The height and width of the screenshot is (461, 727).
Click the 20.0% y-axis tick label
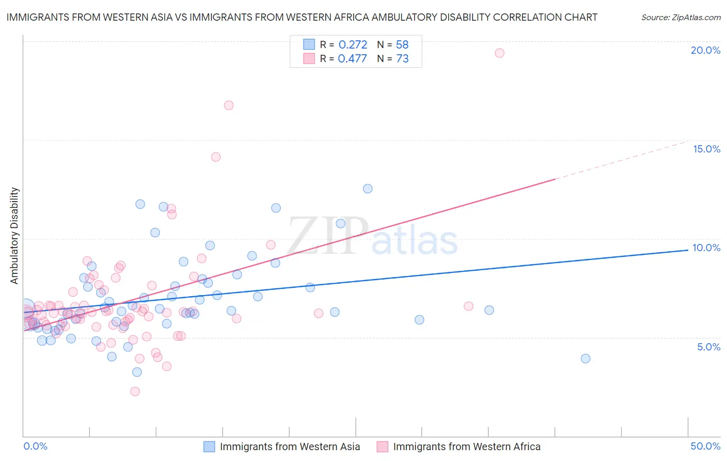[x=705, y=50]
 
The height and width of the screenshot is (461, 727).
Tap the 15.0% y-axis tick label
[x=706, y=149]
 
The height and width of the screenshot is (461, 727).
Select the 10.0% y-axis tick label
[x=706, y=248]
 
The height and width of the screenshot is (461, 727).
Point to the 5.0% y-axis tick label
[x=708, y=347]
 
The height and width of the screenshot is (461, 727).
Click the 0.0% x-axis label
[x=35, y=446]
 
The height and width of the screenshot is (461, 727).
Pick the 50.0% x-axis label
[x=705, y=446]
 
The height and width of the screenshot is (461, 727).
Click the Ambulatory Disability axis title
[x=14, y=236]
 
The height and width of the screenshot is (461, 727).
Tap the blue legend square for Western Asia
[x=209, y=447]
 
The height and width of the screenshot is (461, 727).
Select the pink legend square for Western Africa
[x=382, y=447]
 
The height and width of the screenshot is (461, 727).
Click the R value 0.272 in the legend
[x=353, y=45]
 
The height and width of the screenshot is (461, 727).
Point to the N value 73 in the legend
[x=402, y=59]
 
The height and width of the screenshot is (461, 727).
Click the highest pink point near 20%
[x=499, y=53]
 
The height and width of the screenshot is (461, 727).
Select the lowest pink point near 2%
[x=135, y=391]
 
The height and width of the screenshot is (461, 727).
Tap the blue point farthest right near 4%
[x=585, y=358]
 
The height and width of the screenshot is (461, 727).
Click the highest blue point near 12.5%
[x=368, y=189]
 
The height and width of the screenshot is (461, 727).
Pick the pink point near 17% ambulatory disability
[x=229, y=105]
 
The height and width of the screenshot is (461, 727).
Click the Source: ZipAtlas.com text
[x=680, y=18]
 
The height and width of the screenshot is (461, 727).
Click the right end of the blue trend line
[x=687, y=250]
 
